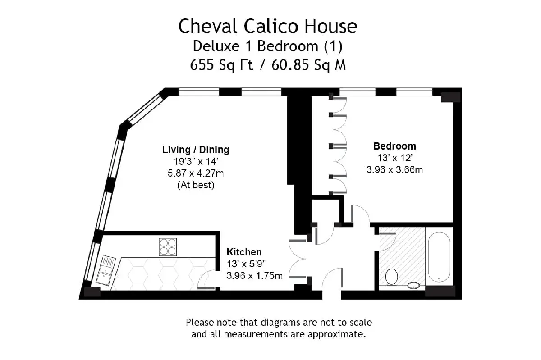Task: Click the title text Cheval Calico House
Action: pos(268,26)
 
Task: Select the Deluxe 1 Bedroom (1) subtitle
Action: pos(268,46)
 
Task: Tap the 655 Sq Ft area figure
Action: pos(221,65)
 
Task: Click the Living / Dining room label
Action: pos(196,150)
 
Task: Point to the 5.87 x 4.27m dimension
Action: pos(196,173)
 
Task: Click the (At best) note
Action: pos(196,185)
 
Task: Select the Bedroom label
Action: pos(394,146)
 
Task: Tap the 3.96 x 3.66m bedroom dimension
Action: pos(394,169)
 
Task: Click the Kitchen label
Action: pos(244,252)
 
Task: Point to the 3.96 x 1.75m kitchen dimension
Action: pos(255,275)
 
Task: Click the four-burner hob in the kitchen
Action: pos(168,247)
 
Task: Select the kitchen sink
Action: pos(105,271)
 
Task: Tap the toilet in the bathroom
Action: pos(391,277)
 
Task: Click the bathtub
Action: pos(439,257)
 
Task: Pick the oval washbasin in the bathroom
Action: pos(413,286)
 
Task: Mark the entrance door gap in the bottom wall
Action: pos(332,295)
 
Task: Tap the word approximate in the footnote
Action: pos(336,334)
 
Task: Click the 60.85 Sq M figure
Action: pos(309,65)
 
